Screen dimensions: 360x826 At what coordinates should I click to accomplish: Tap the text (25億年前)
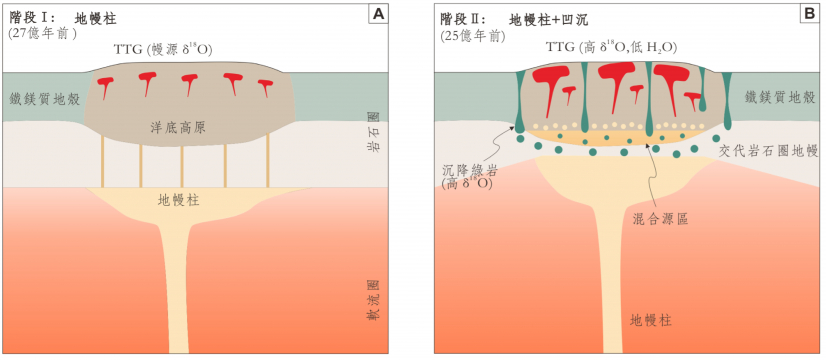[x=475, y=34]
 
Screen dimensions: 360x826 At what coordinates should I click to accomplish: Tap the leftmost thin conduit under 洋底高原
[x=102, y=163]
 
